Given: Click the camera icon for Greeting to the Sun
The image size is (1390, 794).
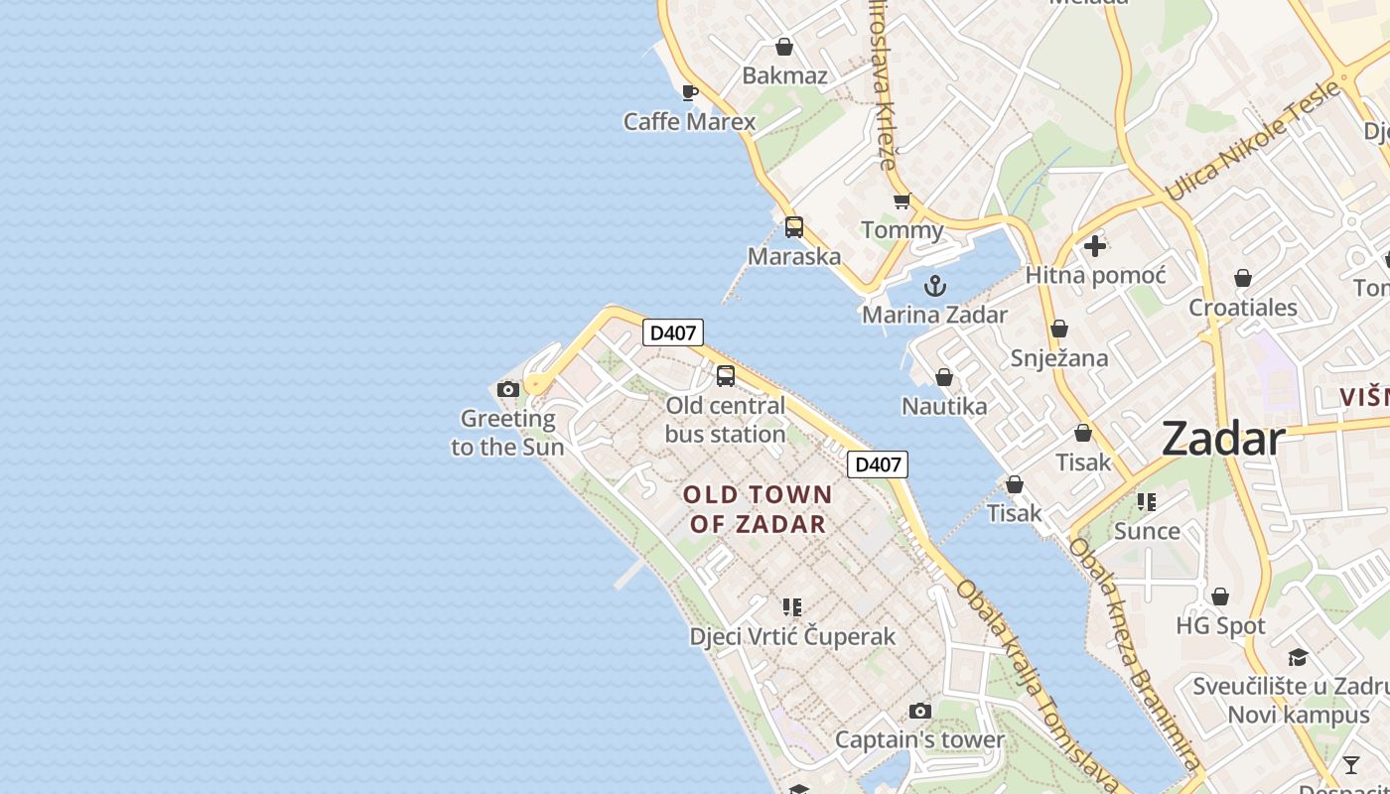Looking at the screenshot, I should (x=508, y=389).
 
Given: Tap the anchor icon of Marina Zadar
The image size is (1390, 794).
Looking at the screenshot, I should (x=935, y=287).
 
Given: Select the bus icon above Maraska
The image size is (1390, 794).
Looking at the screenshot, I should (x=794, y=226).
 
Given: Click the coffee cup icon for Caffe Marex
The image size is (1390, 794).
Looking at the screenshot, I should (x=690, y=92).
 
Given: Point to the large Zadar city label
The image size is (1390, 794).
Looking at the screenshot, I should (x=1223, y=438).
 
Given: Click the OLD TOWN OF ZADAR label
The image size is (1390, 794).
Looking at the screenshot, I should (x=758, y=509).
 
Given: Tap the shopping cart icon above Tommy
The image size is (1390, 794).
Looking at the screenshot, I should (x=902, y=201).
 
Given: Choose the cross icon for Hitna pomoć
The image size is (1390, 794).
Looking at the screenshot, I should (x=1095, y=245).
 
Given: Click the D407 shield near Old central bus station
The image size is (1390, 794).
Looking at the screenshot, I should (x=673, y=332).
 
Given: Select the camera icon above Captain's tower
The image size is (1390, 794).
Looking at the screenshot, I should (x=920, y=711).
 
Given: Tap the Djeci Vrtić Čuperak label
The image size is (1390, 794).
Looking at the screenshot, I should (x=792, y=636).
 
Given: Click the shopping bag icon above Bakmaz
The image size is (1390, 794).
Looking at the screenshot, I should (x=784, y=47).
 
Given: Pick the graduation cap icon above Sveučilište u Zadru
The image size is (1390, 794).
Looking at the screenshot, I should (x=1298, y=657).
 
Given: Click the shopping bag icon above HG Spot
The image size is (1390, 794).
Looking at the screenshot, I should (x=1220, y=596).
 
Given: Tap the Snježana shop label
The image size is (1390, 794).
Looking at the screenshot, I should (x=1059, y=358).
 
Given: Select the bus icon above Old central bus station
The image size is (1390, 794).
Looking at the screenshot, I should (x=726, y=376).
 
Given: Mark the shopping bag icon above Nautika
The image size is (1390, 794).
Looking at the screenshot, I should (x=944, y=377).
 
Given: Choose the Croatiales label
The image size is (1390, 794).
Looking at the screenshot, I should (x=1243, y=307).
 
